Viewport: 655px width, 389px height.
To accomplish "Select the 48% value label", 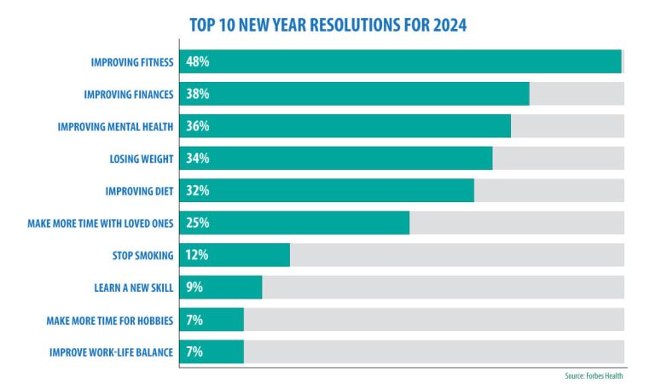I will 198,62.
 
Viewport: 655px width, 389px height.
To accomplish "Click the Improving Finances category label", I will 129,94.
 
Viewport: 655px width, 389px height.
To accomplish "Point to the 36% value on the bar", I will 198,126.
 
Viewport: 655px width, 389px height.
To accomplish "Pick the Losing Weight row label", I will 142,159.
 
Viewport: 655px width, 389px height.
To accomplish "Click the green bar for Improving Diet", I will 341,190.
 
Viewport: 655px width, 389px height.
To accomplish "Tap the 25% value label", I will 198,223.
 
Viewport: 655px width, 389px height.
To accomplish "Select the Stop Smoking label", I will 143,255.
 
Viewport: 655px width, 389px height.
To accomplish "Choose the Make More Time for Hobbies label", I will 110,320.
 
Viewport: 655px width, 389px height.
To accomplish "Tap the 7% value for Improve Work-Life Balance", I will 194,351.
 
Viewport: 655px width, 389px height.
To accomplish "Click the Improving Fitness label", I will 132,62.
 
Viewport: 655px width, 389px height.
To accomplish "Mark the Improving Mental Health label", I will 116,126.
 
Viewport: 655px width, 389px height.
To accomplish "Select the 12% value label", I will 197,255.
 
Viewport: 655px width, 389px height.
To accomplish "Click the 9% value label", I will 194,287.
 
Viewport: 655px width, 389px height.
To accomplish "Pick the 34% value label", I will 198,159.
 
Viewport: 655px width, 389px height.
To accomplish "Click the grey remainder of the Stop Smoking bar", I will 456,255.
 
